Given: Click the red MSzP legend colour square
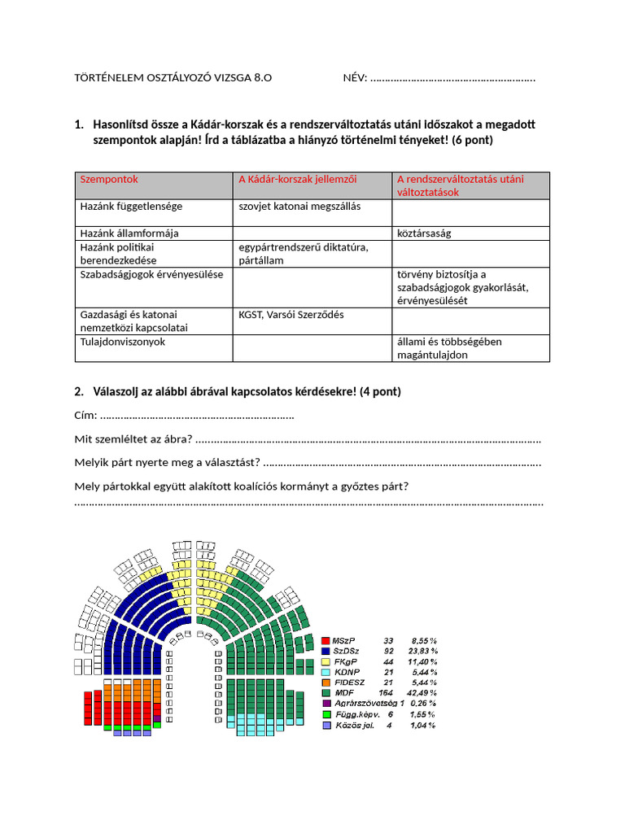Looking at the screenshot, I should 326,641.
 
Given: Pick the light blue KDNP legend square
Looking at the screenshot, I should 326,672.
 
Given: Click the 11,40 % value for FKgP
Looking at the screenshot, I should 422,662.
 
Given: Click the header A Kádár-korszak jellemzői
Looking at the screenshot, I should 297,179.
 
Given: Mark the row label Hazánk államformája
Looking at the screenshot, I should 129,233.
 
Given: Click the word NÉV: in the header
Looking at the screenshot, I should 355,78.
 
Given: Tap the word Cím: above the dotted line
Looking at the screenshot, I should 85,416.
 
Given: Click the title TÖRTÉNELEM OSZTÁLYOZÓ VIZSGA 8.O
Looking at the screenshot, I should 173,78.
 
